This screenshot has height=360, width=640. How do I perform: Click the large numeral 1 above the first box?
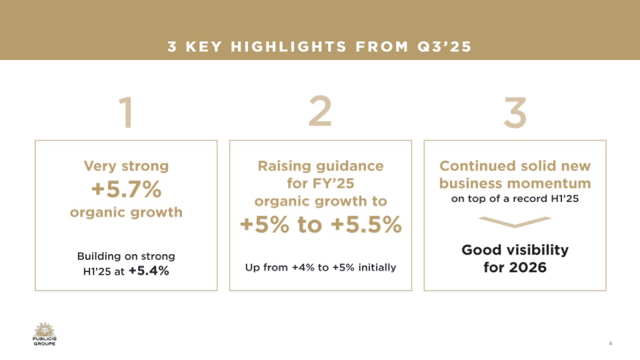pyautogui.click(x=127, y=112)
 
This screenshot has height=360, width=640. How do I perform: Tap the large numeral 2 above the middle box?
pyautogui.click(x=320, y=111)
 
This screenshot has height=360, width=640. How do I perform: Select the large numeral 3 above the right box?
pyautogui.click(x=515, y=112)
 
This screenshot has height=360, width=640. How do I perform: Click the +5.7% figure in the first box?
pyautogui.click(x=126, y=189)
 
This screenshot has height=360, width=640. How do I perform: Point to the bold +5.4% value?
pyautogui.click(x=149, y=271)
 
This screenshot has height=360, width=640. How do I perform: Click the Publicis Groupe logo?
pyautogui.click(x=45, y=334)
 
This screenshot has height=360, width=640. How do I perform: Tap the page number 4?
pyautogui.click(x=610, y=343)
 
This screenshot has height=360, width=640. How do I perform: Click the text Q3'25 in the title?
pyautogui.click(x=444, y=47)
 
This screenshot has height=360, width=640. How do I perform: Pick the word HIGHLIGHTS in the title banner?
pyautogui.click(x=289, y=47)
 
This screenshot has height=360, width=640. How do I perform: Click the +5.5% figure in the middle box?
pyautogui.click(x=366, y=225)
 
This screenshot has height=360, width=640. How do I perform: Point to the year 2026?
pyautogui.click(x=527, y=267)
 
